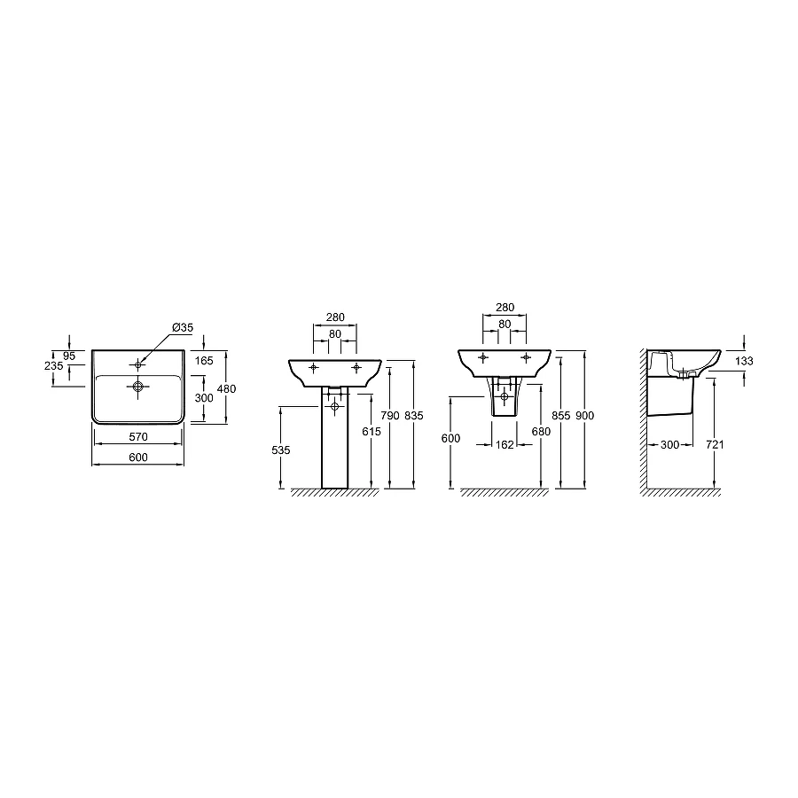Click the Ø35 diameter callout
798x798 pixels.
[x=183, y=328]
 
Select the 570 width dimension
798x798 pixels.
[x=138, y=436]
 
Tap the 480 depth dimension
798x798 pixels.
[x=226, y=389]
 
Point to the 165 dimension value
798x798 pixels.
[x=204, y=361]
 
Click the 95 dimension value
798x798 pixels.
[x=69, y=356]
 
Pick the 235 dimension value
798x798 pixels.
[x=54, y=366]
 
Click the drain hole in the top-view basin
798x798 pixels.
[x=138, y=387]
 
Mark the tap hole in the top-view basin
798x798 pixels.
[x=138, y=364]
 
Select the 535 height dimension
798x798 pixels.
[x=281, y=450]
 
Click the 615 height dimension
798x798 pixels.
[x=372, y=432]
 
